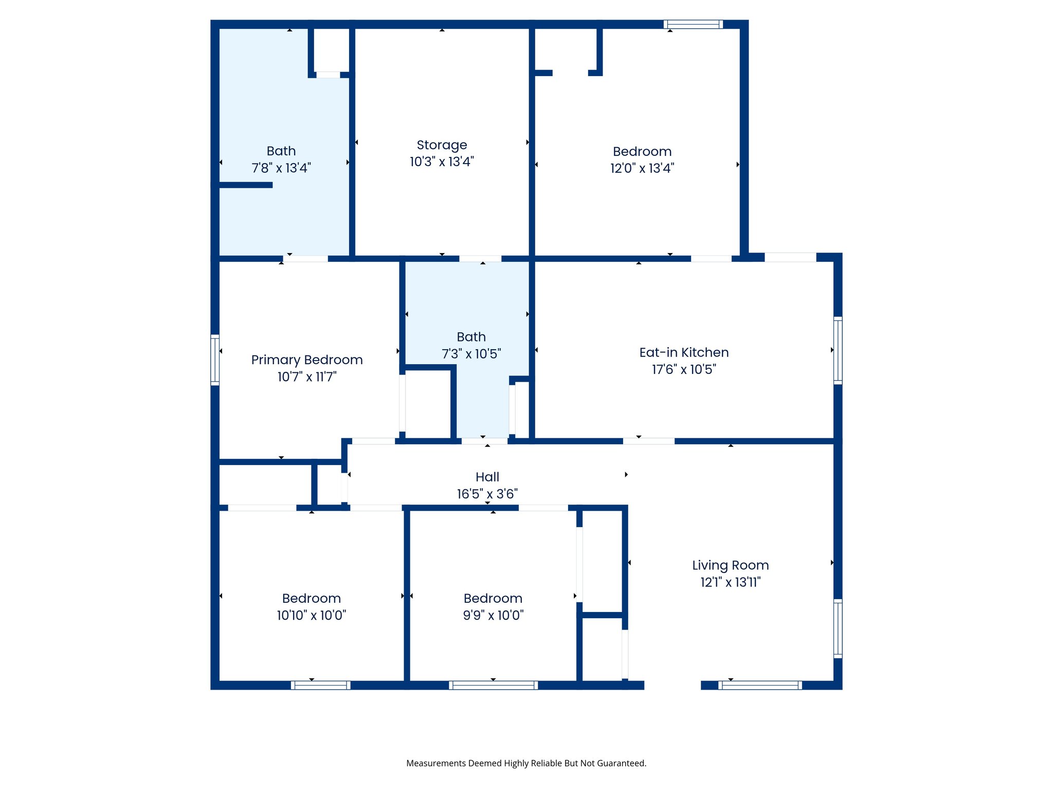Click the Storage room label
pos(442,145)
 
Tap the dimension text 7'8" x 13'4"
pos(281,168)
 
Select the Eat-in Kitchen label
pos(684,352)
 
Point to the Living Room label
pos(730,565)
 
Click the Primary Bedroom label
pos(307,360)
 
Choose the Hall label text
pos(487,477)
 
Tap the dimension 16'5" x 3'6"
pos(487,494)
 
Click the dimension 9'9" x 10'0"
pos(493,615)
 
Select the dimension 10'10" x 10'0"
pos(312,615)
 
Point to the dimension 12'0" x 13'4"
pos(642,168)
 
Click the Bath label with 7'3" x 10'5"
pos(471,337)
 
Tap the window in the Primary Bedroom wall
pos(215,360)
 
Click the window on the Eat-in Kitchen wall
pos(838,350)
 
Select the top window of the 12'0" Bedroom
pos(693,24)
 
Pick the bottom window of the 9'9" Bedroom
pos(493,685)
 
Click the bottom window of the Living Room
pos(760,685)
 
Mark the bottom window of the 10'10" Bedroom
pos(320,685)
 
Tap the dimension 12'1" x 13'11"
pos(730,582)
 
